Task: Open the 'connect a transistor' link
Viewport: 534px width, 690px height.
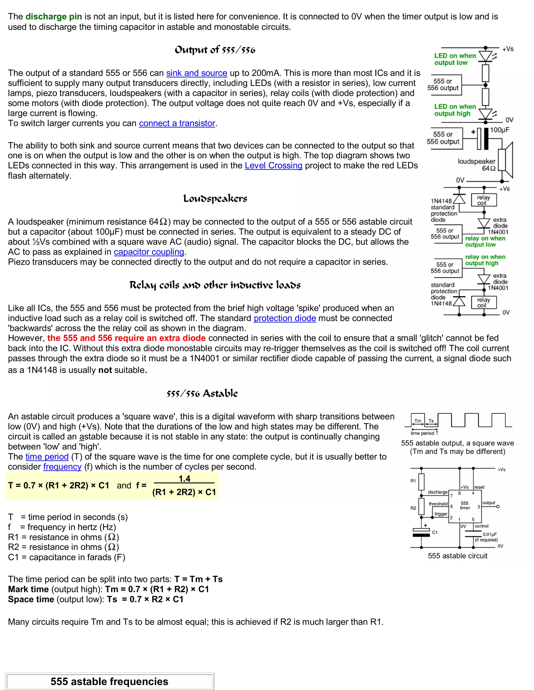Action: [177, 123]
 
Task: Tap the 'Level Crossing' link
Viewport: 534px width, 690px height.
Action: [273, 166]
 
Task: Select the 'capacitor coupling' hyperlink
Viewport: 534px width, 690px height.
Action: [149, 252]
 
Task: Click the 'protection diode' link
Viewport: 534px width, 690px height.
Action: [285, 318]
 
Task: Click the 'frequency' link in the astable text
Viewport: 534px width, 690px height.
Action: [62, 467]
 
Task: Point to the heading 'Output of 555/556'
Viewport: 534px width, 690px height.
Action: [215, 50]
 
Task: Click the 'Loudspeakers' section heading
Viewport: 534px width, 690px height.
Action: [215, 198]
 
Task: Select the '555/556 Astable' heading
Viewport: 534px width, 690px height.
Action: [202, 393]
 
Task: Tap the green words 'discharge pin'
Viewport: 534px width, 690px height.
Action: [53, 16]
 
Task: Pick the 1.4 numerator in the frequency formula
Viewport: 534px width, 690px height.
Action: [184, 479]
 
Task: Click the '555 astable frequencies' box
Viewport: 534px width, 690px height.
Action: [109, 681]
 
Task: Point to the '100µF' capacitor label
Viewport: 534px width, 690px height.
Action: [500, 130]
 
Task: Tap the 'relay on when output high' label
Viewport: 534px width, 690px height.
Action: [485, 260]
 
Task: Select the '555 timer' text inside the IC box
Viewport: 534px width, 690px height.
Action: [465, 505]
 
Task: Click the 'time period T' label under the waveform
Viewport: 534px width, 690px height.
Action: [424, 433]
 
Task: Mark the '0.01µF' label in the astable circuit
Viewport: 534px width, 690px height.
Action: [489, 534]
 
